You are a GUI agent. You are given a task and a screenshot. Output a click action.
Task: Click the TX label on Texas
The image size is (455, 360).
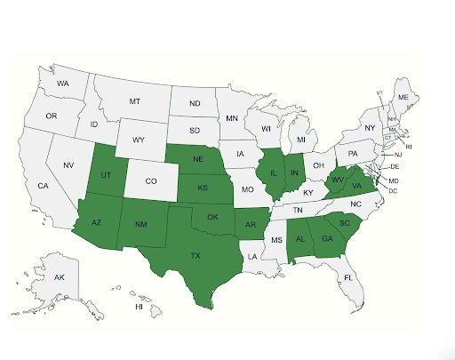pos(196,255)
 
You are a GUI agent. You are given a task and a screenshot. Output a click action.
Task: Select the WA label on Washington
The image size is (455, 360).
pos(63,84)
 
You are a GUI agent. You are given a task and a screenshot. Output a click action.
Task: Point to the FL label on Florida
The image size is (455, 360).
pos(349,277)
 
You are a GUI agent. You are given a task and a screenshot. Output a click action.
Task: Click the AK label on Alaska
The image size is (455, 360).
pos(60,278)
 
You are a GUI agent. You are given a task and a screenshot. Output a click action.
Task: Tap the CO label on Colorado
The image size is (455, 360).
pos(151,181)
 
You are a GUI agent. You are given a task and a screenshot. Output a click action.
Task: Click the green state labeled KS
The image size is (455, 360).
pos(203,189)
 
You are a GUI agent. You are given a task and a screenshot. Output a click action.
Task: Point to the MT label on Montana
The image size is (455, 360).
pos(135,102)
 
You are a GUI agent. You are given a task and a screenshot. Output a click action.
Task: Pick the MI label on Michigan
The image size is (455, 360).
pos(301,140)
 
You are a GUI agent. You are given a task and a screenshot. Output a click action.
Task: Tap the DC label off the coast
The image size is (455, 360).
pos(394,190)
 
